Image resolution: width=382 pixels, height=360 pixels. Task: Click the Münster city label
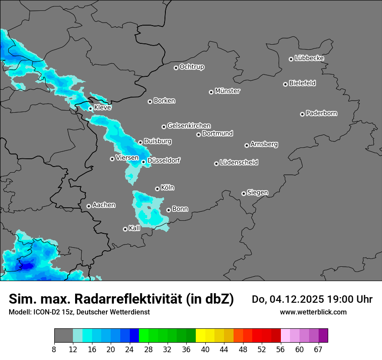pyautogui.click(x=227, y=91)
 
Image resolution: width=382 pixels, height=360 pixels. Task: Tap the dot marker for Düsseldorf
pyautogui.click(x=143, y=162)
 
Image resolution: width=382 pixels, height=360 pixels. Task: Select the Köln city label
pyautogui.click(x=168, y=188)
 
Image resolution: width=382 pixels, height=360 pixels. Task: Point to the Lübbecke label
pyautogui.click(x=309, y=58)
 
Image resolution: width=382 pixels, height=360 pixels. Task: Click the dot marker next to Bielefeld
pyautogui.click(x=285, y=84)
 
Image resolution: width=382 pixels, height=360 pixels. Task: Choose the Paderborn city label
pyautogui.click(x=321, y=113)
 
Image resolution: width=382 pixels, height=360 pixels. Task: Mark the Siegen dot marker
pyautogui.click(x=244, y=193)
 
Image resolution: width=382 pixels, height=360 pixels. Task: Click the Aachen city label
pyautogui.click(x=104, y=205)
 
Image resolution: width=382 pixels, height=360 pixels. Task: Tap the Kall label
pyautogui.click(x=135, y=228)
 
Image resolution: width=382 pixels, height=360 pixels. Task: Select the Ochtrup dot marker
pyautogui.click(x=176, y=68)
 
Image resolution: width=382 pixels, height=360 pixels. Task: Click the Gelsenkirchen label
pyautogui.click(x=189, y=126)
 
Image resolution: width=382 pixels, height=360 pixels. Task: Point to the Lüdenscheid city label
pyautogui.click(x=239, y=163)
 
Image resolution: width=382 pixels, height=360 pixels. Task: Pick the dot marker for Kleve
pyautogui.click(x=90, y=108)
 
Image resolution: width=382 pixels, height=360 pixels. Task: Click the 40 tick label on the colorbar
pyautogui.click(x=205, y=349)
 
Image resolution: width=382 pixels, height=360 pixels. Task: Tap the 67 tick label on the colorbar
pyautogui.click(x=318, y=349)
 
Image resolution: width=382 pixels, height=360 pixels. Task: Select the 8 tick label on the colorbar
pyautogui.click(x=54, y=349)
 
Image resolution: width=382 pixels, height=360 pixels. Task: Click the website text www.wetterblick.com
pyautogui.click(x=313, y=312)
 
